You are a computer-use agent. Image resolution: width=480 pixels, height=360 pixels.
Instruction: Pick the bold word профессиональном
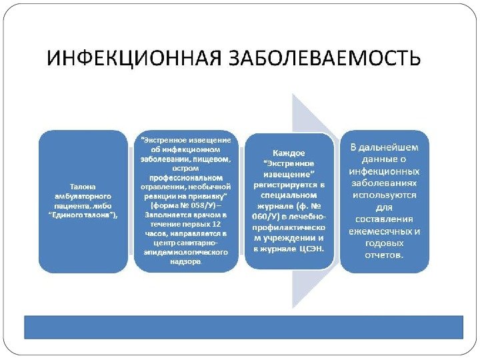click(186, 178)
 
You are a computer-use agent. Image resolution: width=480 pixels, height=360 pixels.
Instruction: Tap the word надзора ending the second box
click(186, 262)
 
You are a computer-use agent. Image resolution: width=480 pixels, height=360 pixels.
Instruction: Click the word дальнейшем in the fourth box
click(394, 146)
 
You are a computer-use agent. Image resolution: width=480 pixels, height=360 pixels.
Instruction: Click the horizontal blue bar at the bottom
click(243, 327)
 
